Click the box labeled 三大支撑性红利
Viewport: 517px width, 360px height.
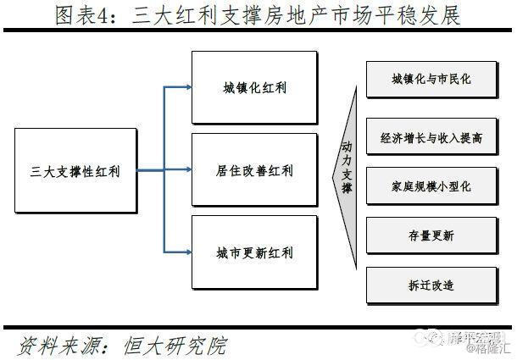coord(75,171)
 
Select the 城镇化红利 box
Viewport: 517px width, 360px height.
coord(254,87)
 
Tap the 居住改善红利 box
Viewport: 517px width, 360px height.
coord(254,170)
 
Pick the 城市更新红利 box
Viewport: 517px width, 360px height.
coord(254,252)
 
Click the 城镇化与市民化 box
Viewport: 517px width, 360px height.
coord(431,79)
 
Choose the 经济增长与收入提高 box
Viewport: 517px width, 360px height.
coord(431,135)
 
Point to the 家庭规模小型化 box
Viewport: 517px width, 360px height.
coord(431,185)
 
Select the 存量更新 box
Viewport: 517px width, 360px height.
coord(431,235)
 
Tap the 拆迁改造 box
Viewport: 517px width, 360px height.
coord(431,285)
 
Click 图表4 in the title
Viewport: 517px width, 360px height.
coord(90,15)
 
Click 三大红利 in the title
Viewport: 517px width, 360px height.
coord(181,15)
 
